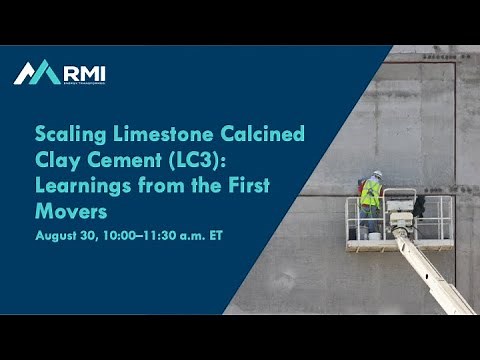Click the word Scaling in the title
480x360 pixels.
point(68,134)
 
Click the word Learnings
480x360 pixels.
point(80,186)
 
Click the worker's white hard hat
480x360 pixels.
point(377,174)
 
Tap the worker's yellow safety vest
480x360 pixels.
point(371,192)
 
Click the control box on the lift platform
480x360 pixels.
point(400,211)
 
